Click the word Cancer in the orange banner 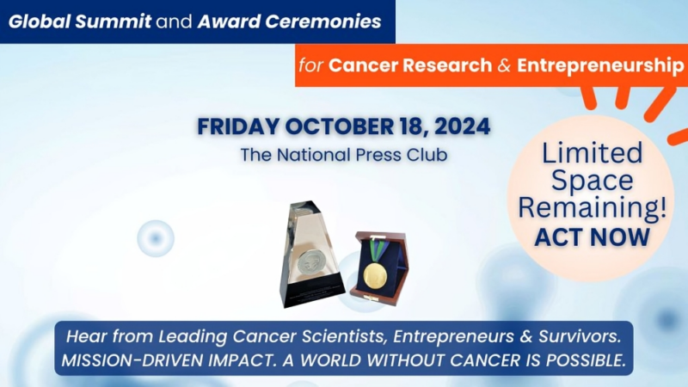(x=360, y=65)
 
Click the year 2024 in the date (x=461, y=126)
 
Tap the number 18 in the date (x=408, y=126)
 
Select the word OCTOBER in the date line (x=339, y=126)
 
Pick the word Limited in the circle (x=592, y=154)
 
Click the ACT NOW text (x=592, y=236)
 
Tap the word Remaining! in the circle (x=592, y=208)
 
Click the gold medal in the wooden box (x=375, y=275)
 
